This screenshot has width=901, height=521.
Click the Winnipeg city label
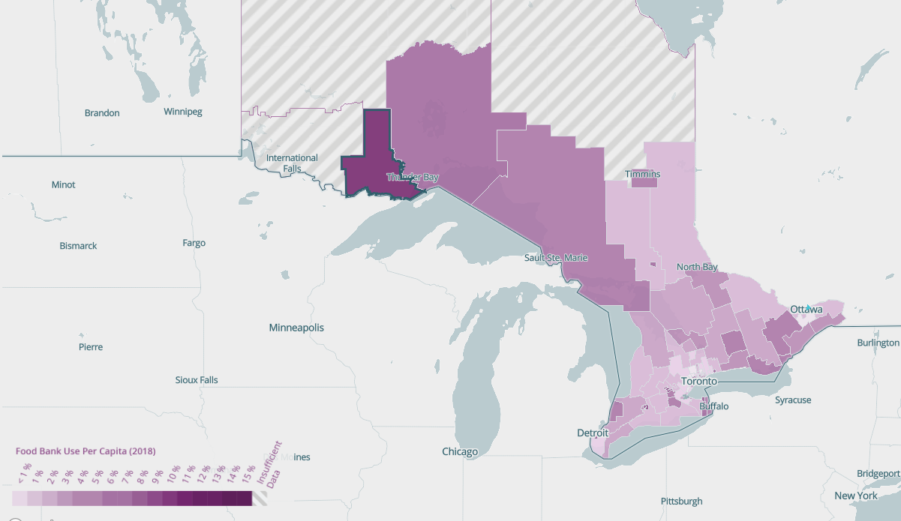[x=183, y=112]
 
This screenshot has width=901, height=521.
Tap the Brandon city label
[x=102, y=113]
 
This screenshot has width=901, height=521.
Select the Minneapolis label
[x=297, y=328]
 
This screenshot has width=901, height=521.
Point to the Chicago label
[x=460, y=452]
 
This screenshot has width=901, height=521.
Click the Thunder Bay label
[x=412, y=178]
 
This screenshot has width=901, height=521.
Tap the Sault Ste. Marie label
[x=556, y=258]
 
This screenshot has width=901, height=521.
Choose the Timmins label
[x=643, y=175]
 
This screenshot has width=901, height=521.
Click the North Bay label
[x=697, y=268]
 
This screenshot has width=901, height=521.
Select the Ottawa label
[x=806, y=310]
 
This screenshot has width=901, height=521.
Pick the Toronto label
[x=700, y=382]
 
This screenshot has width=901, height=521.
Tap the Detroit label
[x=593, y=433]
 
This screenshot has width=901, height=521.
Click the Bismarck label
[x=78, y=246]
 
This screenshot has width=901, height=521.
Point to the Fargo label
[x=194, y=243]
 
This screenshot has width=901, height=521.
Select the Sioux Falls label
[x=197, y=380]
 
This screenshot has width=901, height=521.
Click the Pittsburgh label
[x=682, y=501]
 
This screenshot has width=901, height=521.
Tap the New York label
[x=856, y=496]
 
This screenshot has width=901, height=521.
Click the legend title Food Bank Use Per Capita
[x=86, y=451]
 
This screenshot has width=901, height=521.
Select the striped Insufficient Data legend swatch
[x=260, y=499]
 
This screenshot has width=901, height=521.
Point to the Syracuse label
[x=793, y=400]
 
